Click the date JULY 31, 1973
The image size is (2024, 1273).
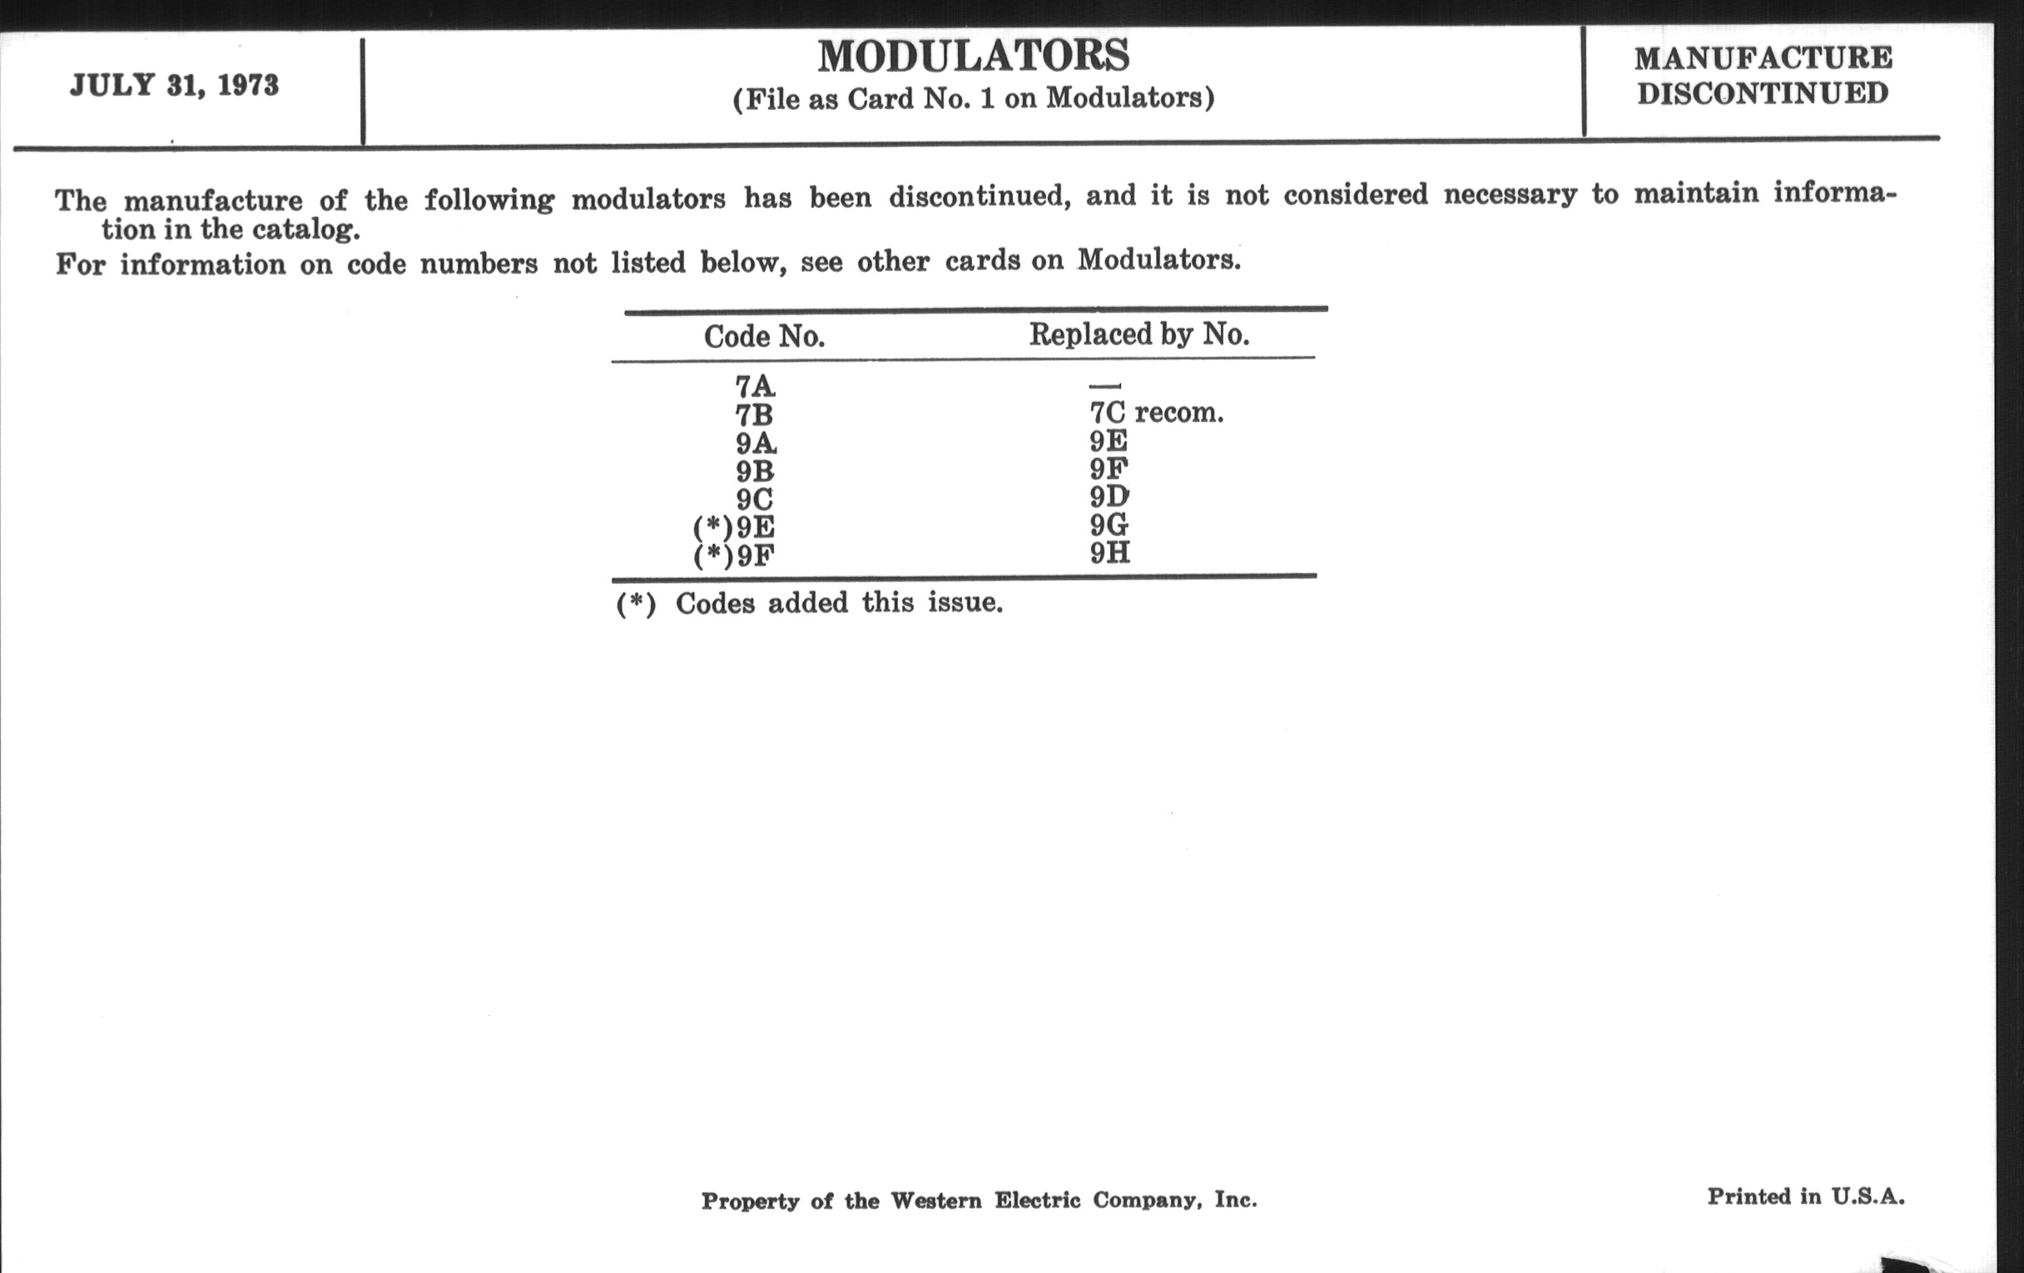coord(174,86)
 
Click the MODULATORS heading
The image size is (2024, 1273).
coord(974,57)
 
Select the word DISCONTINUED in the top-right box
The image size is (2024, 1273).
coord(1763,93)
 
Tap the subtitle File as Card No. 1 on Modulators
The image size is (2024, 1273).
coord(974,99)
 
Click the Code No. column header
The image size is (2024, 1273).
coord(764,337)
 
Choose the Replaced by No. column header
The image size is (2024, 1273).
coord(1139,334)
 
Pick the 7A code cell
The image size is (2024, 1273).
coord(755,387)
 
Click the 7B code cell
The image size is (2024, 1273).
coord(754,415)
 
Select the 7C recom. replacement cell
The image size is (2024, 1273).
coord(1156,413)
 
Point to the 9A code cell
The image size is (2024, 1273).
coord(755,443)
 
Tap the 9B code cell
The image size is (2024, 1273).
coord(754,472)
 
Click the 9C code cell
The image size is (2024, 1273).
coord(754,499)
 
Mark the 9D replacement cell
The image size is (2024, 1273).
coord(1109,497)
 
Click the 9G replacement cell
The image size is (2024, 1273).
coord(1109,525)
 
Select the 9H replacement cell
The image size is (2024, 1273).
coord(1109,553)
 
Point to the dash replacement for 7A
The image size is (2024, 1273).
coord(1104,386)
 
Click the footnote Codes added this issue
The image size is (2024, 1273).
coord(838,603)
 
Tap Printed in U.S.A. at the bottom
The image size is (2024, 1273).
coord(1805,1196)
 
